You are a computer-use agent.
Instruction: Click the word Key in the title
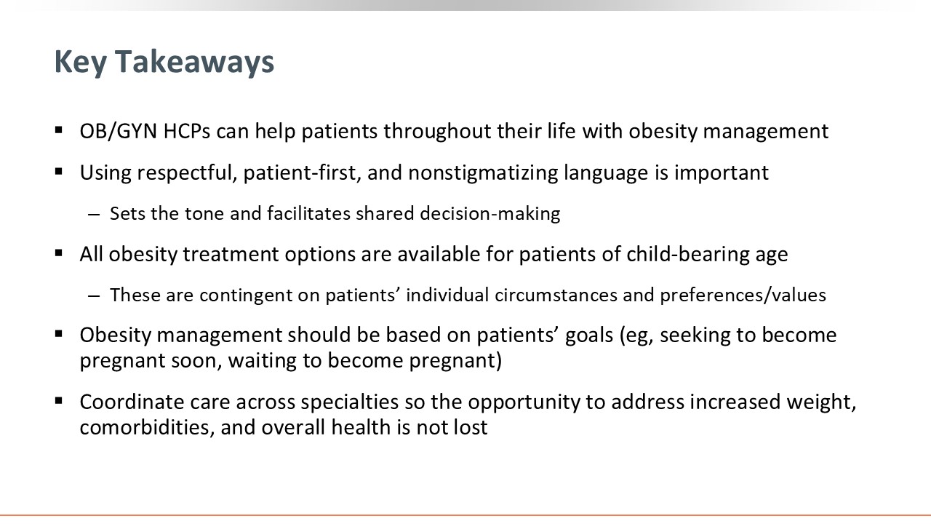[79, 63]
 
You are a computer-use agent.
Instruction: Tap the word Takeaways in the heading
[194, 62]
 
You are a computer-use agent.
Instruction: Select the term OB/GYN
[119, 132]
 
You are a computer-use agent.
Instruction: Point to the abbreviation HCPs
[187, 132]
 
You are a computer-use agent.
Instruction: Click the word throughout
[437, 132]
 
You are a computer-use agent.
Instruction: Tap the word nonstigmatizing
[483, 173]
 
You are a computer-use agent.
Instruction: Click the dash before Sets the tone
[94, 215]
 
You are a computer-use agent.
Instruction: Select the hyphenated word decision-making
[490, 214]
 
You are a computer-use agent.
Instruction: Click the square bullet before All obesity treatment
[59, 253]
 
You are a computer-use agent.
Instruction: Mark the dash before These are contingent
[94, 296]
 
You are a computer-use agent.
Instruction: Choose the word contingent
[260, 295]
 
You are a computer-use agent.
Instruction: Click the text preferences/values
[743, 295]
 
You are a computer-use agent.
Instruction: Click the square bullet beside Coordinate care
[59, 400]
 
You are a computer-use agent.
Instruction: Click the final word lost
[471, 427]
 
